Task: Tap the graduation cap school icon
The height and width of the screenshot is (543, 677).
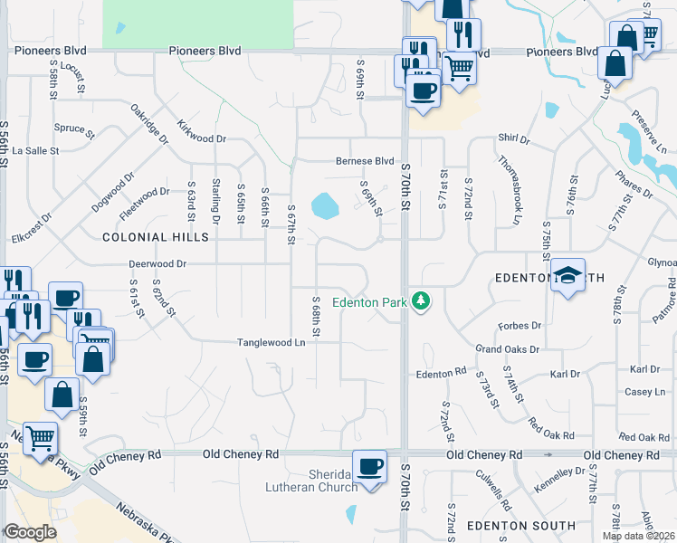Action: [x=567, y=275]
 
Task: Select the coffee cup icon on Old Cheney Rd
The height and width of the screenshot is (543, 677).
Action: [x=369, y=467]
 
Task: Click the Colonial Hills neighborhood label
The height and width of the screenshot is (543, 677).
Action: [x=156, y=237]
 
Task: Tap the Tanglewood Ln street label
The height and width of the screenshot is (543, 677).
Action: [x=271, y=343]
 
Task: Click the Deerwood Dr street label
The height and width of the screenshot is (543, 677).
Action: [x=157, y=264]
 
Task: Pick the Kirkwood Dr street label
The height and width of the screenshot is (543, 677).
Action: [x=201, y=132]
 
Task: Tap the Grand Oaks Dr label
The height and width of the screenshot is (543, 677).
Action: [x=508, y=348]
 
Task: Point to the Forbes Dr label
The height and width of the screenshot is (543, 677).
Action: [x=520, y=325]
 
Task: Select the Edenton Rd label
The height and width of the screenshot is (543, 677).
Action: [x=440, y=373]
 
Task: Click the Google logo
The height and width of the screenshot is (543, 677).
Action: [x=30, y=532]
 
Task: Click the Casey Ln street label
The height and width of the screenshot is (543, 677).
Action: [x=644, y=392]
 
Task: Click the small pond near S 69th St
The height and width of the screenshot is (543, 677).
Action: [x=322, y=207]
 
